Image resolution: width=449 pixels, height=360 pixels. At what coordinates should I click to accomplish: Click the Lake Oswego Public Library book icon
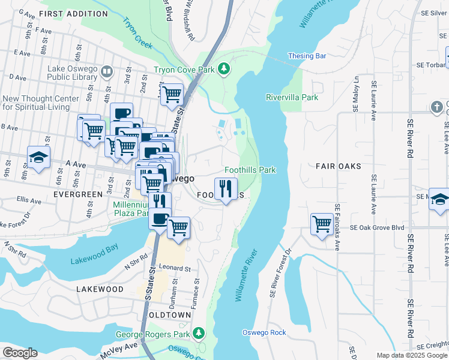(x=107, y=73)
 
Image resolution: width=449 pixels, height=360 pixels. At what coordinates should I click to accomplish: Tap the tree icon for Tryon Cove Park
(x=224, y=69)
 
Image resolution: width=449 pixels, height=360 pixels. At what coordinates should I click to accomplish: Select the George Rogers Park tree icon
(x=199, y=332)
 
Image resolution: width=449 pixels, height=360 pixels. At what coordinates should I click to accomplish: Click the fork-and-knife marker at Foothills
(x=226, y=190)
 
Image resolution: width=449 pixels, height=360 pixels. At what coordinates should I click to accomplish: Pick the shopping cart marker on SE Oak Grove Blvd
(x=322, y=224)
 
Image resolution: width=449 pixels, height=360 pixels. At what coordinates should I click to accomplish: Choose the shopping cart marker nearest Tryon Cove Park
(x=172, y=94)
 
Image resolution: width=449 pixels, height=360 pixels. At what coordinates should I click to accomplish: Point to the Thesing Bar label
(x=307, y=56)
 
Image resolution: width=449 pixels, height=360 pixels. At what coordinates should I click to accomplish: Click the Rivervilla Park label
(x=292, y=97)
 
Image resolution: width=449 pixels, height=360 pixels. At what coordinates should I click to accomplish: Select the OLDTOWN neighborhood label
(x=170, y=315)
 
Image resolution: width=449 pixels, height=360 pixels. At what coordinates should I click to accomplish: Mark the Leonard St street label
(x=174, y=268)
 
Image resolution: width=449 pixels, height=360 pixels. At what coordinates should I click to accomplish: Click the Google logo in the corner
(x=20, y=353)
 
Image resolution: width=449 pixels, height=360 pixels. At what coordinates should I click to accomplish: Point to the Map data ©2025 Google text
(x=412, y=355)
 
